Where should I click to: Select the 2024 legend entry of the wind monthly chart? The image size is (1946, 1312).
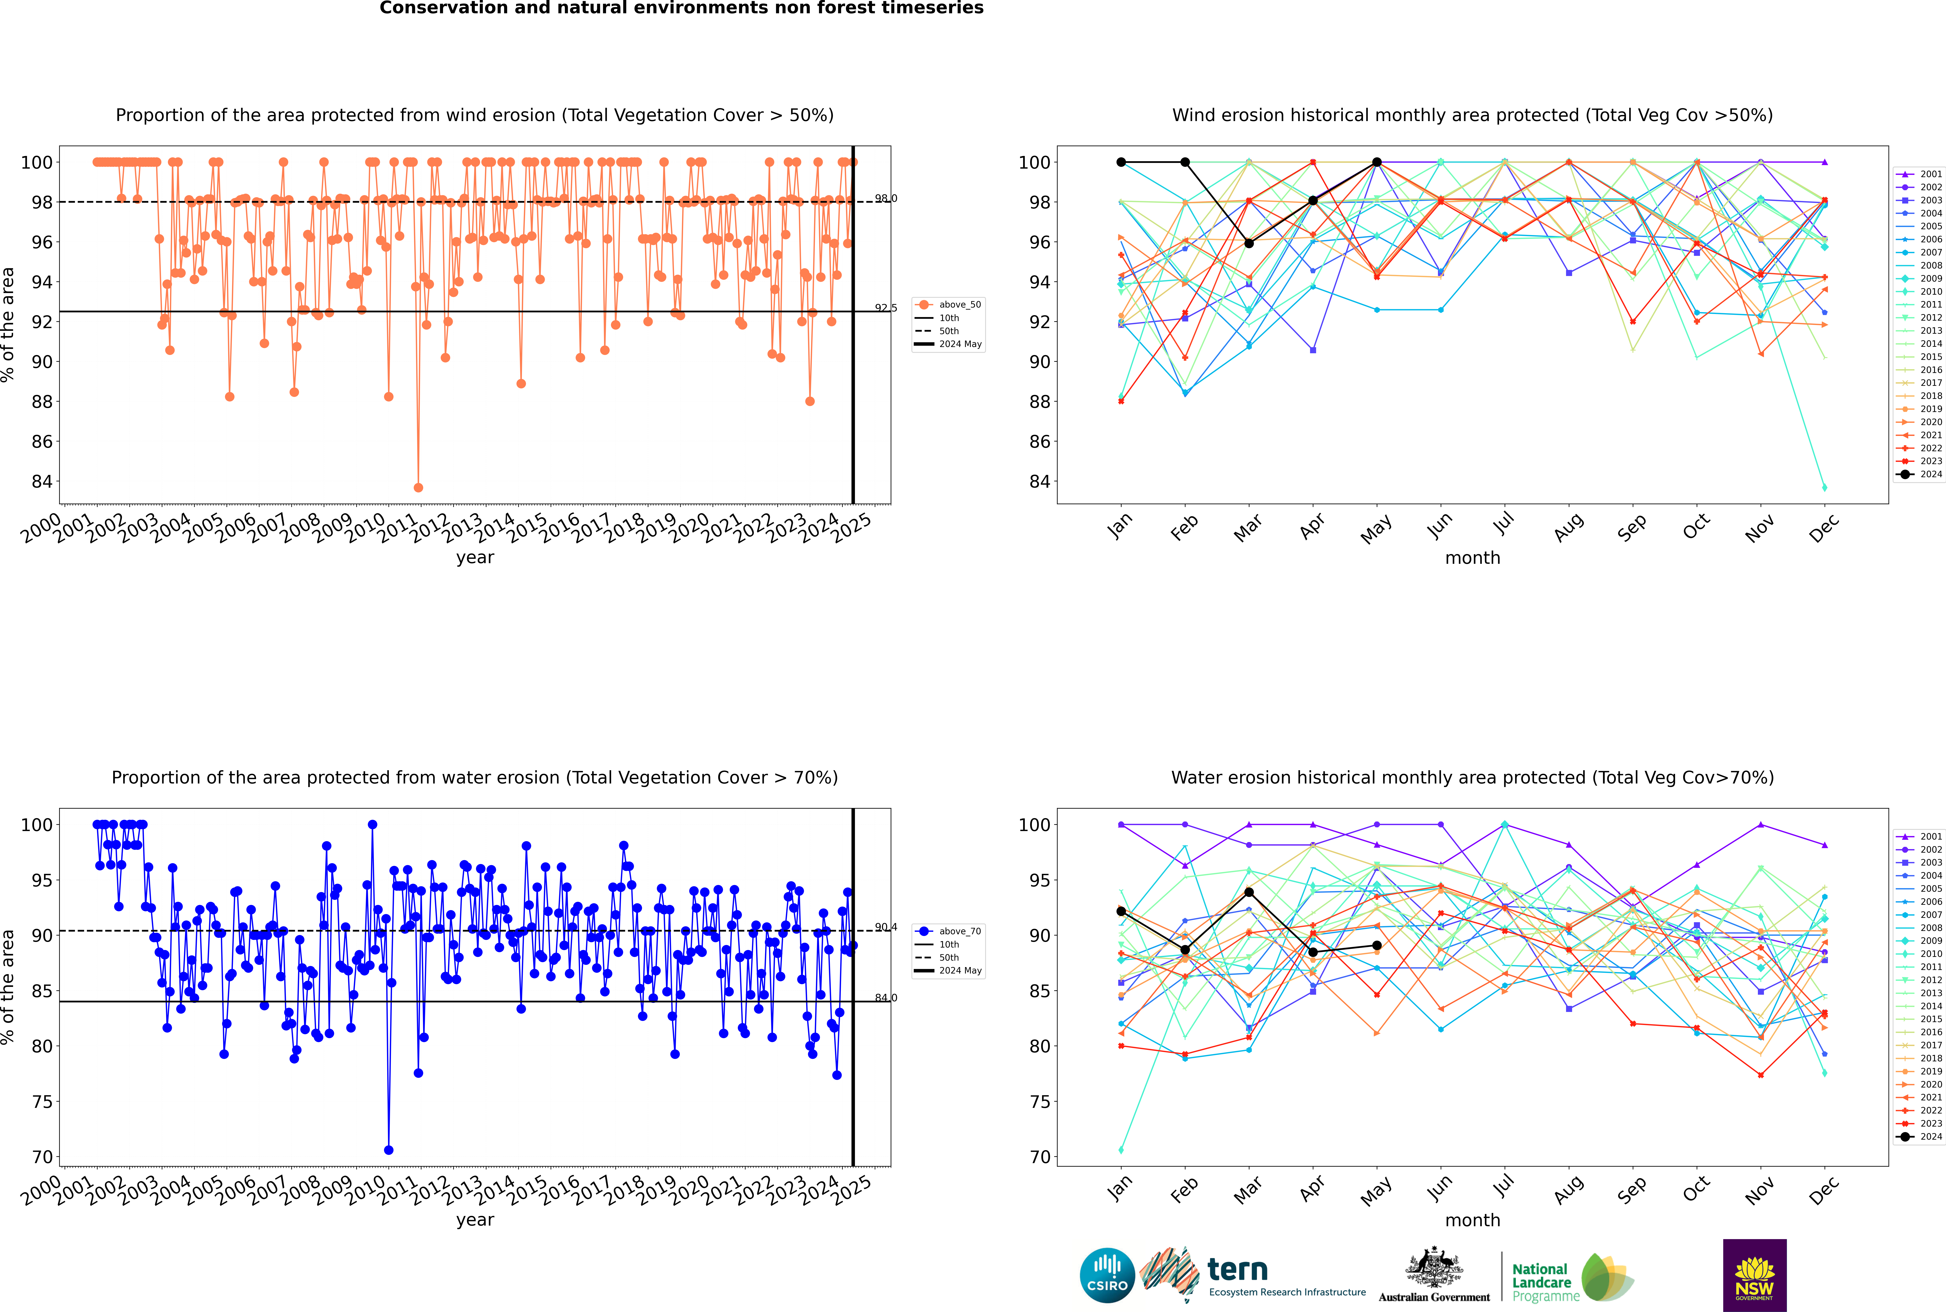coord(1920,475)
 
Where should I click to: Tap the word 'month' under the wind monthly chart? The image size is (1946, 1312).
coord(1472,558)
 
